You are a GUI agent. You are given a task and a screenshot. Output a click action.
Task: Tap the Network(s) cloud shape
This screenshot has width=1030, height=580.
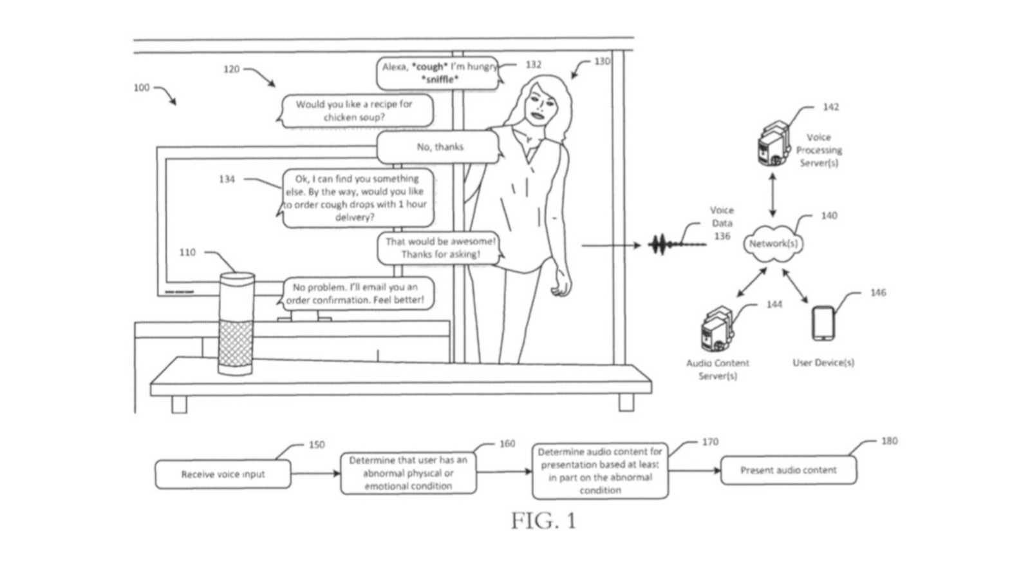coord(773,244)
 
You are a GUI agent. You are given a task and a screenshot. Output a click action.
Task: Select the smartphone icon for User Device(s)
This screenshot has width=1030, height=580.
coord(823,324)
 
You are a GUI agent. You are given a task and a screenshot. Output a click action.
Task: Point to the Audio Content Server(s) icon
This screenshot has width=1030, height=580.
coord(716,330)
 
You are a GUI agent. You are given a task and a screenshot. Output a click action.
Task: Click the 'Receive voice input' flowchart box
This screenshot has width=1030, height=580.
coord(223,474)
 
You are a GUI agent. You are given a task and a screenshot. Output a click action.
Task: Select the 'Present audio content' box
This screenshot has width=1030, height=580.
coord(788,470)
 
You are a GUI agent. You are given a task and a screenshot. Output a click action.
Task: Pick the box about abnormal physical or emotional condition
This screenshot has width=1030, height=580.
coord(408,473)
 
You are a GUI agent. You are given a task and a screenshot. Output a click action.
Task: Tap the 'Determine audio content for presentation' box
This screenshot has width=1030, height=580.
coord(600,471)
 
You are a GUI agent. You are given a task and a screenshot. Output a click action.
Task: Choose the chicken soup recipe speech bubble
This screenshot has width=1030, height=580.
coord(356,111)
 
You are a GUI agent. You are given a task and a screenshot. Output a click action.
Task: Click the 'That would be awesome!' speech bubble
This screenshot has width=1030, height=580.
coord(440,248)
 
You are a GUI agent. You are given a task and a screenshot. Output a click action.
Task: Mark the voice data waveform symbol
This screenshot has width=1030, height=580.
coord(663,245)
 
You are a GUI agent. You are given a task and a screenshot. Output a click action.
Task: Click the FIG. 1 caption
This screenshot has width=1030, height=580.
coord(543,521)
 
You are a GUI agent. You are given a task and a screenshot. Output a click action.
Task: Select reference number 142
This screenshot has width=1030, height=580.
coord(830,107)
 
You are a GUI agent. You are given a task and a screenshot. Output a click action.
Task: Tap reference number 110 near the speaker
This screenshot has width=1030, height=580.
coord(187,253)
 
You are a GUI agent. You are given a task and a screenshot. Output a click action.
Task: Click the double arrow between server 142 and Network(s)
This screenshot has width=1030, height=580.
coord(772,195)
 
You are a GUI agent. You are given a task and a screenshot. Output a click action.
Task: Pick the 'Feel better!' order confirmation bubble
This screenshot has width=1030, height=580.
coord(356,293)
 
